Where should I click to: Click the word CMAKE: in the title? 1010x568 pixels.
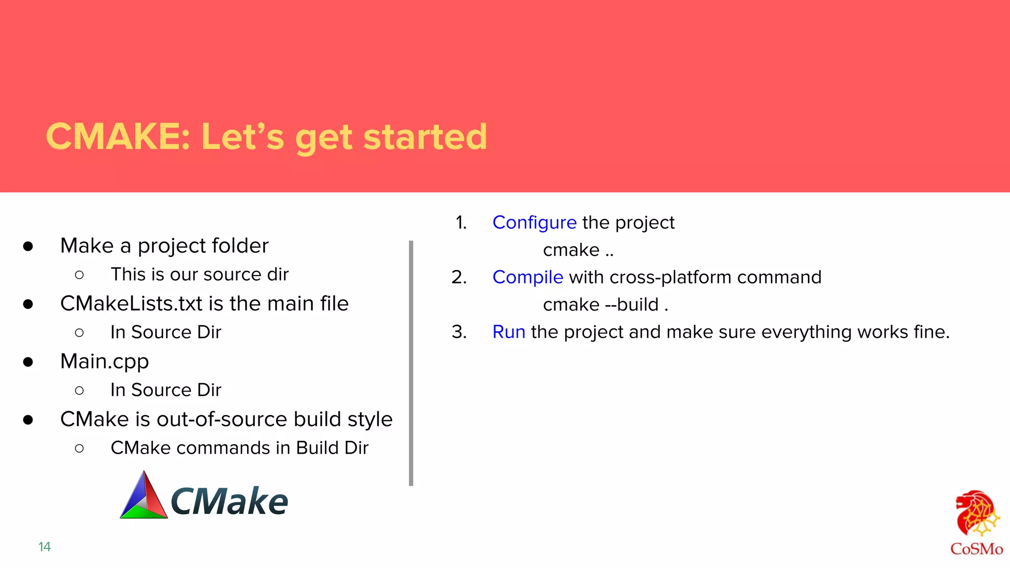click(117, 137)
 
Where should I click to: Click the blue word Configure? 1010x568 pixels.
click(534, 222)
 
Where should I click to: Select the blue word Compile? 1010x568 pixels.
click(527, 277)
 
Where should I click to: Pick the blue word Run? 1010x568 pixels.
click(508, 332)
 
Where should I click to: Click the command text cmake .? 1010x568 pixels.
click(571, 250)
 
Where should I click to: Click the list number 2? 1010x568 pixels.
click(458, 277)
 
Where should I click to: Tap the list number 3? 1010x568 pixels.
click(458, 332)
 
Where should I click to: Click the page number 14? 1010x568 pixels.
click(44, 547)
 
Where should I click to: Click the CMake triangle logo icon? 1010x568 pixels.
click(144, 496)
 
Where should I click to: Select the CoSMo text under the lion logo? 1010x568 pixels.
click(976, 549)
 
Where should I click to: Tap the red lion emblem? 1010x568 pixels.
click(976, 513)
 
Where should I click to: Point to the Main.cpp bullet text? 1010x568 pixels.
click(104, 361)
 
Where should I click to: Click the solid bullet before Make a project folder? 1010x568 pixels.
click(28, 246)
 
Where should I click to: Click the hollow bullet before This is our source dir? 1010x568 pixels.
click(79, 275)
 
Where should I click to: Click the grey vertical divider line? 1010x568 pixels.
click(411, 363)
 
